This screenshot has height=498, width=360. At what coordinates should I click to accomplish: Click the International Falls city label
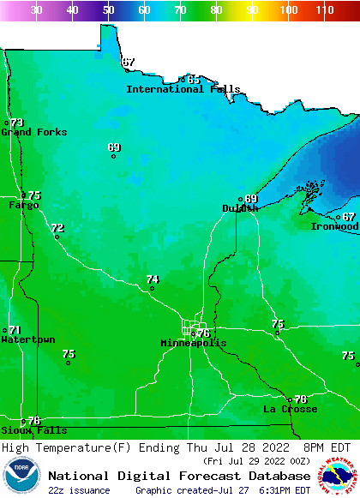[183, 89]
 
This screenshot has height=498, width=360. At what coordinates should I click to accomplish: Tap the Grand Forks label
[27, 132]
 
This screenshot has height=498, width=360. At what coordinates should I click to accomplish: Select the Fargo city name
[23, 206]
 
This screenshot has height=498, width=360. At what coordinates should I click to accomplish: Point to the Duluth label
[240, 208]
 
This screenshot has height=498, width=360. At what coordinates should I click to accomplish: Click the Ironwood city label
[334, 226]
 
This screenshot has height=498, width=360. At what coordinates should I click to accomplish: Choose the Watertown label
[27, 340]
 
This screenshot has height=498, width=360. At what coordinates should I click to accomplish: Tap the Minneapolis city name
[193, 343]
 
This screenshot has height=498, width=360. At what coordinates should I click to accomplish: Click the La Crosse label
[290, 409]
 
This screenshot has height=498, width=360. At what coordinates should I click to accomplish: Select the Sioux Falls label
[33, 430]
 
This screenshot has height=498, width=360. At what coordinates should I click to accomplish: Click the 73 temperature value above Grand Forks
[17, 123]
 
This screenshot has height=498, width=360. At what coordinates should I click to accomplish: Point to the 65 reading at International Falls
[194, 80]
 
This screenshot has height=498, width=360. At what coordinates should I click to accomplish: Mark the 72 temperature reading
[57, 228]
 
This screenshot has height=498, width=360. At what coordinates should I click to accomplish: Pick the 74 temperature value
[153, 279]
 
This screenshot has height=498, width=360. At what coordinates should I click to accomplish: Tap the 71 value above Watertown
[15, 330]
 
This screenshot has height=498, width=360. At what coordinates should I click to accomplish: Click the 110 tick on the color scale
[323, 10]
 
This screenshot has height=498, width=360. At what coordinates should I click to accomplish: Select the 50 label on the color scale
[108, 10]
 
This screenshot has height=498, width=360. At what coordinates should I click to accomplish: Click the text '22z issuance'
[79, 490]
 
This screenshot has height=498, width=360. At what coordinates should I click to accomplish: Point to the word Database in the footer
[277, 476]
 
